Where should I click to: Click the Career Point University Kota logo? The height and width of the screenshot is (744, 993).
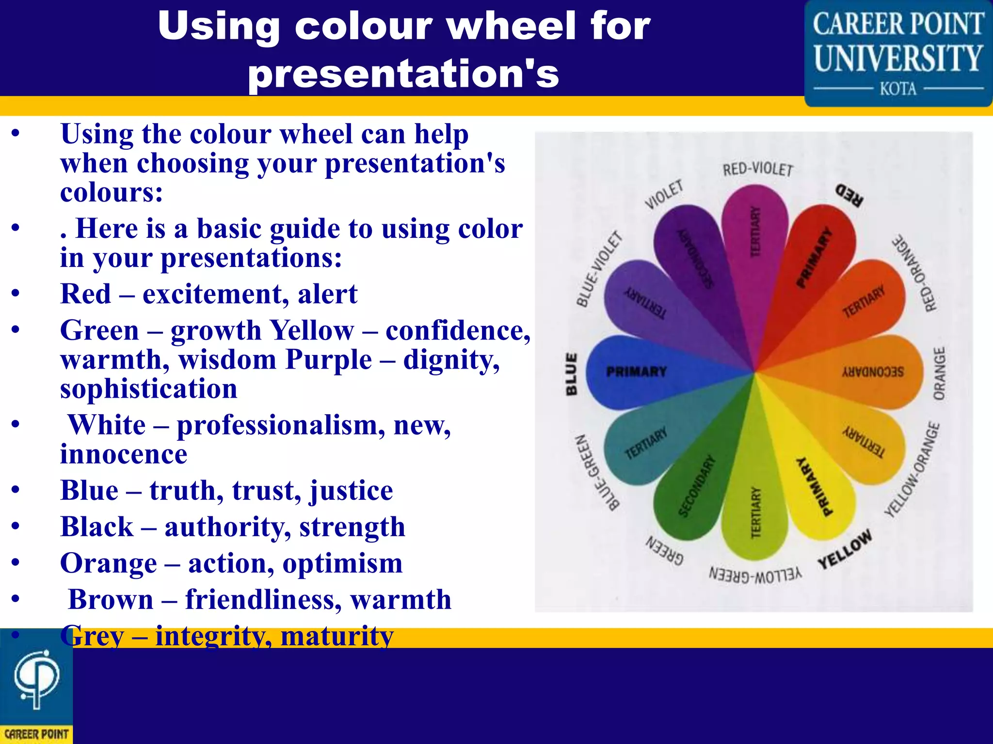pyautogui.click(x=898, y=53)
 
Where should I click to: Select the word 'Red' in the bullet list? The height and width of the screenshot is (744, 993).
pyautogui.click(x=85, y=294)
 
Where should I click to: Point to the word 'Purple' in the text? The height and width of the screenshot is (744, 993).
pyautogui.click(x=329, y=360)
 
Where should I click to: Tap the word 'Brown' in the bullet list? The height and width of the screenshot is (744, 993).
pyautogui.click(x=111, y=600)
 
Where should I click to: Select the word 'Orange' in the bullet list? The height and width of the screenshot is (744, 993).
pyautogui.click(x=109, y=563)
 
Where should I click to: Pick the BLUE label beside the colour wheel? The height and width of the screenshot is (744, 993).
pyautogui.click(x=572, y=373)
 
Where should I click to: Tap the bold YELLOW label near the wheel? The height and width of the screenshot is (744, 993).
pyautogui.click(x=845, y=549)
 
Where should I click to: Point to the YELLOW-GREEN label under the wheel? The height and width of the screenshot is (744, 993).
pyautogui.click(x=755, y=575)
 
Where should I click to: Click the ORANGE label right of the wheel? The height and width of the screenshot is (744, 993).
pyautogui.click(x=939, y=373)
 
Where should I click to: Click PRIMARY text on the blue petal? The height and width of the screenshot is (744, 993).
pyautogui.click(x=637, y=372)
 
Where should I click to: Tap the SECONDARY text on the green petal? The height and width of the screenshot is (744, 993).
pyautogui.click(x=696, y=486)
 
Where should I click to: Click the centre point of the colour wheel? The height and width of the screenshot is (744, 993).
pyautogui.click(x=754, y=372)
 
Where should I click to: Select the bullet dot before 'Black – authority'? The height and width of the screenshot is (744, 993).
pyautogui.click(x=16, y=527)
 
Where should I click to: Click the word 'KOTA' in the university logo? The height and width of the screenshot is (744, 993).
pyautogui.click(x=898, y=89)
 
